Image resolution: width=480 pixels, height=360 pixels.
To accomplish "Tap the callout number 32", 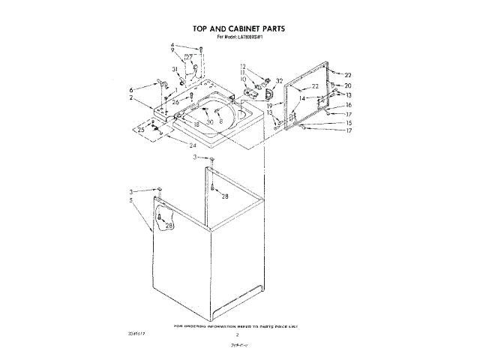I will point(280,81).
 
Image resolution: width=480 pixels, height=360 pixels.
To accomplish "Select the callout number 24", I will point(192,145).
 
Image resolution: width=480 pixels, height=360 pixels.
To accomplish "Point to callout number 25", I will point(140,130).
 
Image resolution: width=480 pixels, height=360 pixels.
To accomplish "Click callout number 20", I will point(347,85).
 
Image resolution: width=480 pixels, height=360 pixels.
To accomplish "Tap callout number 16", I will point(347,105).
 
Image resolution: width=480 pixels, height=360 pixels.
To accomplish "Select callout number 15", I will point(347,122).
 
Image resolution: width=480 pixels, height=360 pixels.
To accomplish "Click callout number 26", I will point(175,101).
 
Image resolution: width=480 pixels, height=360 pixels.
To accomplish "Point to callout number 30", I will point(210,121).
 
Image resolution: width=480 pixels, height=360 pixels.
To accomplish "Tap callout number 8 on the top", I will point(221,121).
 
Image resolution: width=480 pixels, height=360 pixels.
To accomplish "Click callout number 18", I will point(196,124).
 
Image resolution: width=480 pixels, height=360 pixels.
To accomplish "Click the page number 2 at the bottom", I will point(236,335).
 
